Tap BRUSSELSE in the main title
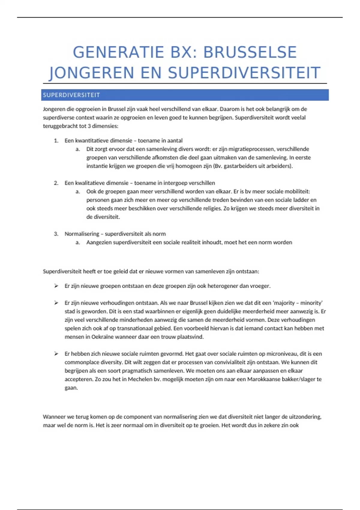(250, 52)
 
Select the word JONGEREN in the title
(91, 73)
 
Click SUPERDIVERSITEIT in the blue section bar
(71, 95)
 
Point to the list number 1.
(56, 141)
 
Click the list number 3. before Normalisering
(56, 234)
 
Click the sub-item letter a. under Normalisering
(78, 242)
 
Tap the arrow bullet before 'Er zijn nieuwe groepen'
(56, 286)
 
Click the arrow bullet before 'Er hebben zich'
(56, 354)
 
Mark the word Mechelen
(140, 379)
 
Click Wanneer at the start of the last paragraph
(54, 417)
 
